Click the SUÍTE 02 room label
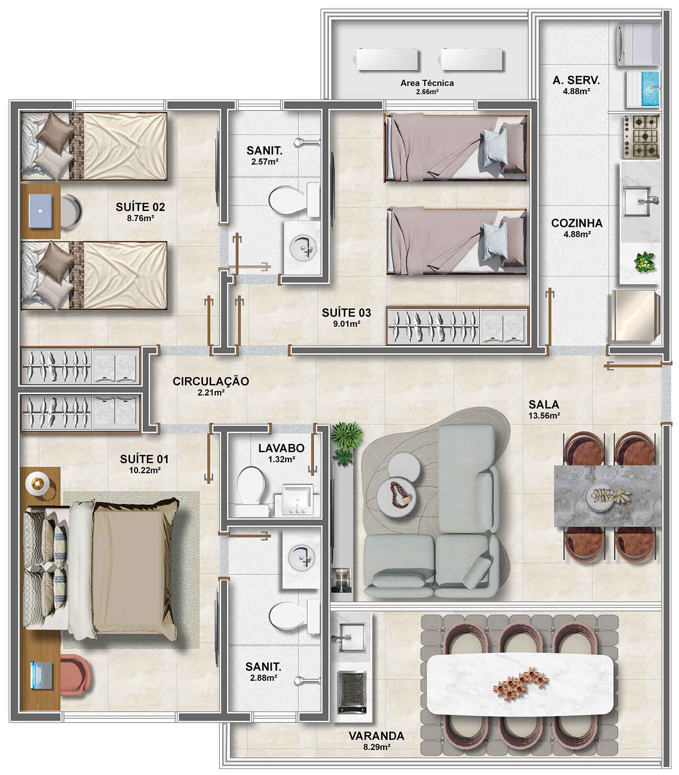pyautogui.click(x=140, y=207)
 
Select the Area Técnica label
pyautogui.click(x=427, y=83)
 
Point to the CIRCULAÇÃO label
pyautogui.click(x=211, y=381)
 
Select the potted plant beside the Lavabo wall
pyautogui.click(x=346, y=442)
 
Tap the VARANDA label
pyautogui.click(x=376, y=736)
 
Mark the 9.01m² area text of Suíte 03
pyautogui.click(x=347, y=323)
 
